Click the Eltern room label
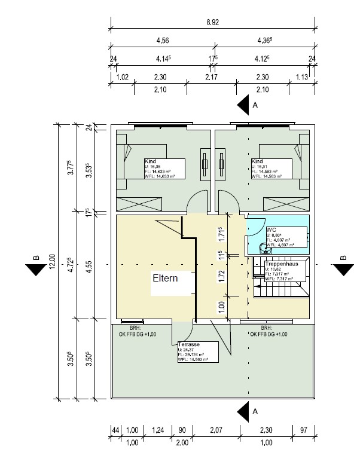pos(164,278)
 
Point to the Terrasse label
pos(189,345)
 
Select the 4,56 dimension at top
pos(161,41)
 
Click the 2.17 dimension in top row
pos(212,77)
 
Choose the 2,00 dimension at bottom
pos(182,443)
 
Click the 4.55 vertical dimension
pos(89,268)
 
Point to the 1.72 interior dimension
pos(222,276)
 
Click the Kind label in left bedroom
pos(150,162)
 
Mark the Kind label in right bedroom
pos(257,162)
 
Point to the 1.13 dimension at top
pos(301,77)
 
